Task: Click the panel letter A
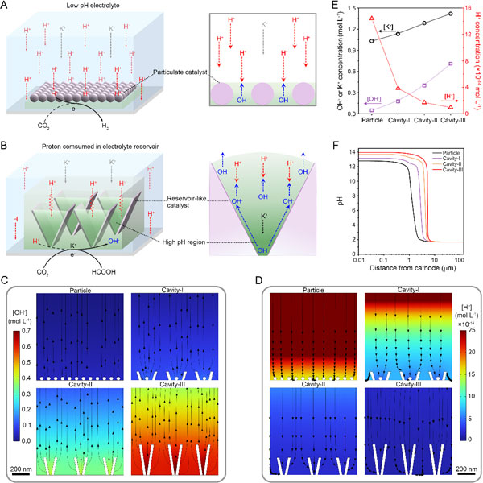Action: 6,6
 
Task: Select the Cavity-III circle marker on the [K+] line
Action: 450,14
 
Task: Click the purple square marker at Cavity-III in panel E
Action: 450,64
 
